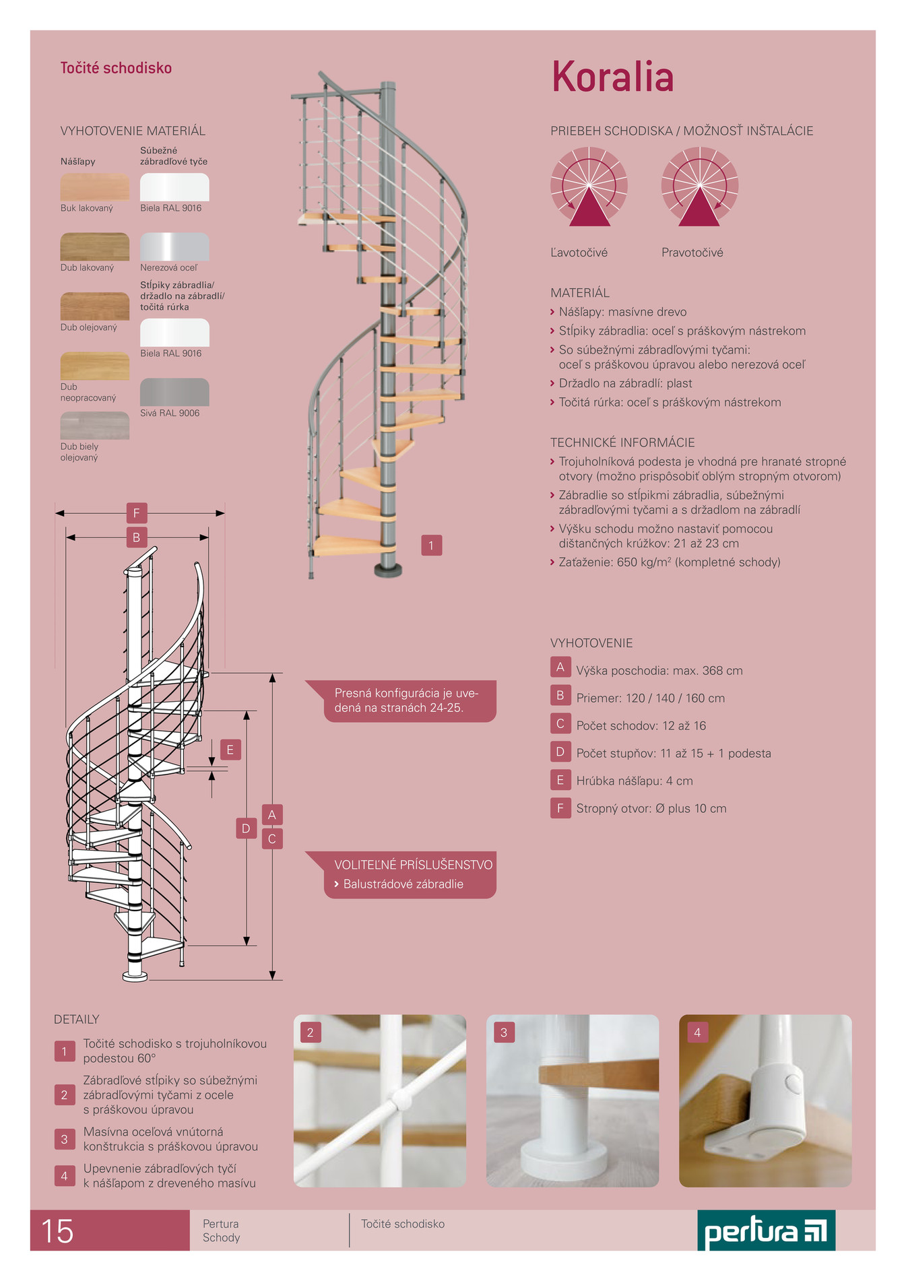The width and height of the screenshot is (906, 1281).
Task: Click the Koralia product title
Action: (612, 76)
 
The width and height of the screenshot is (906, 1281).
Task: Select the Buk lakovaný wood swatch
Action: (95, 187)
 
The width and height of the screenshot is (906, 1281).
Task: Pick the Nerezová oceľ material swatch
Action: (174, 247)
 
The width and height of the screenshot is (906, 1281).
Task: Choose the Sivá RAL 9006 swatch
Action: (174, 392)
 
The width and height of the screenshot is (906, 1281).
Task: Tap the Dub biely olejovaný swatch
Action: (95, 425)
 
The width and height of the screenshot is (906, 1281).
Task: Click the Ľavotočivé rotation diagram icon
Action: (589, 187)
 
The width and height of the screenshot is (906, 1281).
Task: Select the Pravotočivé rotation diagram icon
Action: (700, 187)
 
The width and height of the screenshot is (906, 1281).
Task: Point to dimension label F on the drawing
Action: (137, 513)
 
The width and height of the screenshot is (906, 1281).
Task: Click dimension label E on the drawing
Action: (230, 750)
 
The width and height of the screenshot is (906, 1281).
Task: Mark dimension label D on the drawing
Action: (246, 828)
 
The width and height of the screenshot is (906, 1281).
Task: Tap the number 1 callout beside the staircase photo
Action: (432, 545)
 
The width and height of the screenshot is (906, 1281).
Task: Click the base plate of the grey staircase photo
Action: (388, 571)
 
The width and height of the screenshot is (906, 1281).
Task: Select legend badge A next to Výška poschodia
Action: (560, 667)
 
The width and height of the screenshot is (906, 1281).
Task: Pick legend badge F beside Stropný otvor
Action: (560, 808)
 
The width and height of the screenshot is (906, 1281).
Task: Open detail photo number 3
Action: (573, 1101)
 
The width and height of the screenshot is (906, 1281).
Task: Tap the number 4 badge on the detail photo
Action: (697, 1032)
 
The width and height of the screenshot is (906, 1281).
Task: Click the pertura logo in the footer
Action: (767, 1230)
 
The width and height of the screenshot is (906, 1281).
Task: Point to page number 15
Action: (57, 1231)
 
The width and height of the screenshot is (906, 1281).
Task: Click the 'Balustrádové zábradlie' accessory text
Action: (403, 884)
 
